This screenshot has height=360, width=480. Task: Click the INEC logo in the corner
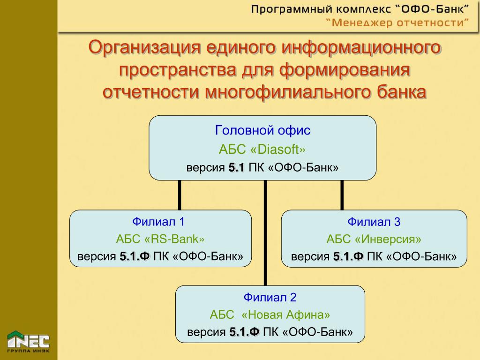pyautogui.click(x=28, y=341)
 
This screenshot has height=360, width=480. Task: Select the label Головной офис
pyautogui.click(x=262, y=130)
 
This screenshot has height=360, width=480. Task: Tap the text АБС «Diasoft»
pyautogui.click(x=262, y=150)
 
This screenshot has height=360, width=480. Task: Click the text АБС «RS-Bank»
pyautogui.click(x=160, y=239)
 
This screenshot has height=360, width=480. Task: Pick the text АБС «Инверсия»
pyautogui.click(x=374, y=240)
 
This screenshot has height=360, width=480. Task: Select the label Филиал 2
pyautogui.click(x=270, y=297)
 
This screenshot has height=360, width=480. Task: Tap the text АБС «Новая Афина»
pyautogui.click(x=270, y=315)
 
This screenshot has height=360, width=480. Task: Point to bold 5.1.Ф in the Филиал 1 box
pyautogui.click(x=135, y=256)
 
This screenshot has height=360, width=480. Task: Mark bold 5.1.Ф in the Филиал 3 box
pyautogui.click(x=348, y=257)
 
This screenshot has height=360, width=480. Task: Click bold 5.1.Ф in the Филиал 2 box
pyautogui.click(x=244, y=332)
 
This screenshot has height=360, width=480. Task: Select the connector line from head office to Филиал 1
pyautogui.click(x=179, y=195)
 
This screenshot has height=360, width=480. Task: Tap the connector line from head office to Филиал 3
pyautogui.click(x=342, y=195)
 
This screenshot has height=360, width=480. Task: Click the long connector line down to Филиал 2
pyautogui.click(x=265, y=234)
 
